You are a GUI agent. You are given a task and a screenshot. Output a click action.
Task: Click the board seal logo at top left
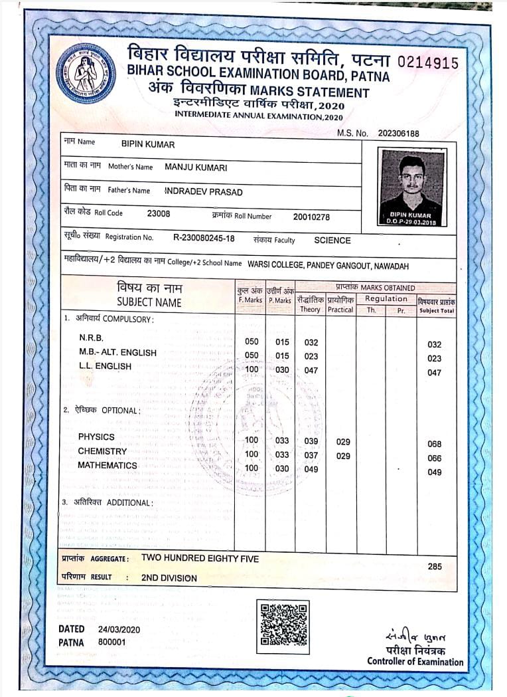[86, 73]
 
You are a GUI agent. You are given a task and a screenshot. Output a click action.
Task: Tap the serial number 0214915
[428, 63]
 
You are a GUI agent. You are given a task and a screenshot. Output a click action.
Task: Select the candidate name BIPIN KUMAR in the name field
[148, 144]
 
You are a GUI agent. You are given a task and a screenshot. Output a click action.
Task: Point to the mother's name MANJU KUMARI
[196, 167]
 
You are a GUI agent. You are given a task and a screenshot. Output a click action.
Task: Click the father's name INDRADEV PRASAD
[204, 192]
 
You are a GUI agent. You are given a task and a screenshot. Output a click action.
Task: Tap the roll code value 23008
[159, 213]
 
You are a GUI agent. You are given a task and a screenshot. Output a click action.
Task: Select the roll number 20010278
[311, 217]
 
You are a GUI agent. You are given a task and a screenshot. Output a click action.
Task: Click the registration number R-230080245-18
[204, 238]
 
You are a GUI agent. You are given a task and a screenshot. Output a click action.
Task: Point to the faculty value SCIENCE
[332, 241]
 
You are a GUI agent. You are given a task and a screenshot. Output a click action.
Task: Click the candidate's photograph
[411, 187]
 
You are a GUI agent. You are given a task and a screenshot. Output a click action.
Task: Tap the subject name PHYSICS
[96, 437]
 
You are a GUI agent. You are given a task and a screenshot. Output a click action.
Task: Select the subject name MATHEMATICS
[108, 465]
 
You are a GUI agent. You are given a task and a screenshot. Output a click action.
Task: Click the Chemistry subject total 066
[435, 458]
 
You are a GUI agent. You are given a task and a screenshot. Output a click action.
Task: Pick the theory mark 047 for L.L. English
[311, 371]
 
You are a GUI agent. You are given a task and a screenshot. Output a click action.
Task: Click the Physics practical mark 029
[343, 442]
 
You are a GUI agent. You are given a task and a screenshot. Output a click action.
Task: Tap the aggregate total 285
[435, 567]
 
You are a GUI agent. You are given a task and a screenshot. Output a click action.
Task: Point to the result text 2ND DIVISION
[169, 578]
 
